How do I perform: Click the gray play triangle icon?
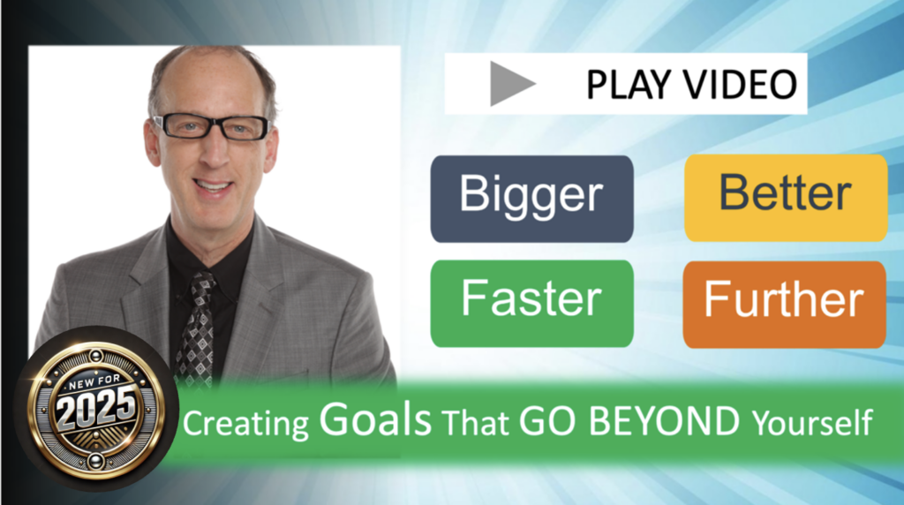click(511, 85)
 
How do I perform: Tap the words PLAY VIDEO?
click(691, 85)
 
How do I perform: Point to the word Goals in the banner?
click(374, 422)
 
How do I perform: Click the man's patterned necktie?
click(196, 327)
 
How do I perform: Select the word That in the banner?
click(476, 425)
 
